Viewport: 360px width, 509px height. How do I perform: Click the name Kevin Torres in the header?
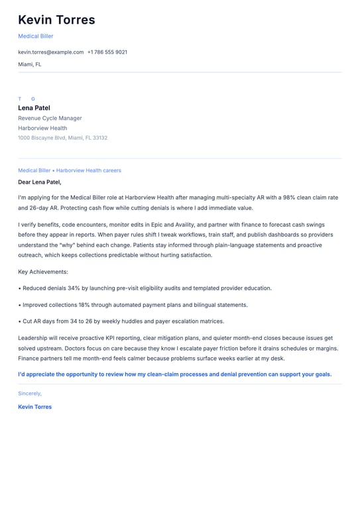click(x=56, y=20)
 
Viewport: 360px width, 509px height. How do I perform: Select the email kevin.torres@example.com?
click(x=51, y=52)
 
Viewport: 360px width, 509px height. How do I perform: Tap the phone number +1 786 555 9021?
click(x=107, y=52)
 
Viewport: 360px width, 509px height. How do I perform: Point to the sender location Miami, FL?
click(x=30, y=64)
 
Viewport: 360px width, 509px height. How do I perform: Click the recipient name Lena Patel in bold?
click(x=34, y=107)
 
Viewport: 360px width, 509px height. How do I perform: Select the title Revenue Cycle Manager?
click(x=50, y=118)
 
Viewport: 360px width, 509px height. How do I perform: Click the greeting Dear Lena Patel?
click(x=40, y=182)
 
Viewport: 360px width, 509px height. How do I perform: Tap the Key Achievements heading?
click(x=43, y=272)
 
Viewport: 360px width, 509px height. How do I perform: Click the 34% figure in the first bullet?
click(x=74, y=288)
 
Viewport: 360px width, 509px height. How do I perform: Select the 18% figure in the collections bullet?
click(x=86, y=305)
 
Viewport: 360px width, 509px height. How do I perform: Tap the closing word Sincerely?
click(x=30, y=393)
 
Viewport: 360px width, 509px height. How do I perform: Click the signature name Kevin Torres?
click(x=34, y=407)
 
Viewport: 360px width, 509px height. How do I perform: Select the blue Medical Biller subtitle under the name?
click(x=36, y=36)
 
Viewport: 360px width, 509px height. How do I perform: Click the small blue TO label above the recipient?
click(x=27, y=99)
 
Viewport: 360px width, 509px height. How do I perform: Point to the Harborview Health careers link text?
click(x=89, y=170)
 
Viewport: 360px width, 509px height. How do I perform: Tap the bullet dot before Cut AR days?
click(x=19, y=321)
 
